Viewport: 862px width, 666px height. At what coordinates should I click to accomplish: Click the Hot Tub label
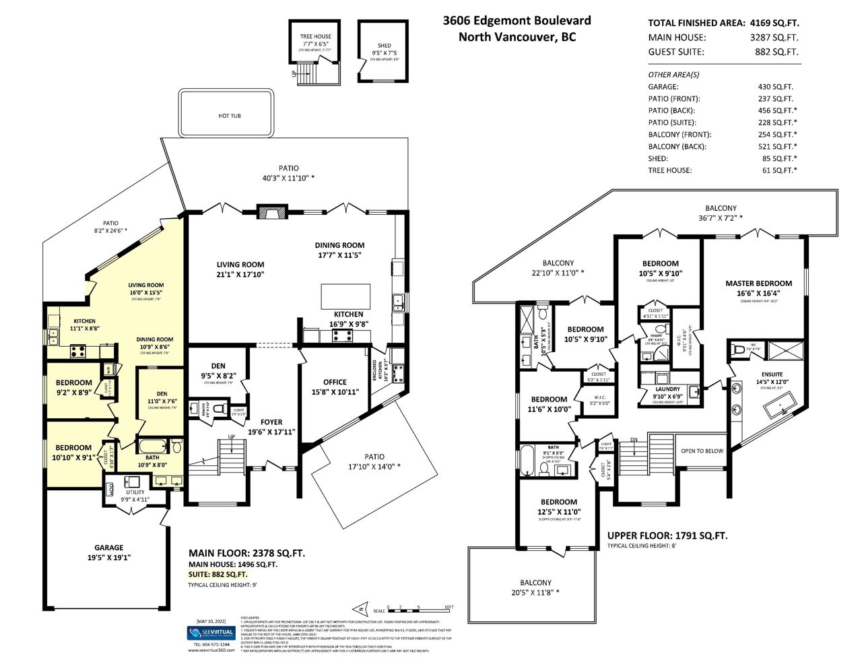pos(229,116)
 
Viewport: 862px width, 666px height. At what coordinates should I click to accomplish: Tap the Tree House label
pos(315,36)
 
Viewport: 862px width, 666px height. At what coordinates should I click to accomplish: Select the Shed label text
pos(384,46)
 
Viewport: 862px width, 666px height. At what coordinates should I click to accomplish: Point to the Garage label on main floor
pos(108,547)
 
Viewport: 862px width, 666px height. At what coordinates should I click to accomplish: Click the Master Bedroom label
pos(758,284)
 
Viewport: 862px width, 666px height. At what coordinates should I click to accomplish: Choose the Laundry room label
pos(667,389)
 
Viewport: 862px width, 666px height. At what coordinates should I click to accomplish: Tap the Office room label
pos(335,382)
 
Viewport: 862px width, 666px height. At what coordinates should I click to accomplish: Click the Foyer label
pos(271,422)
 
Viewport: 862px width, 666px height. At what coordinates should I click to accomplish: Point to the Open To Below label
pos(702,451)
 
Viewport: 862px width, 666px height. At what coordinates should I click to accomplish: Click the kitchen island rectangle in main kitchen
pos(345,296)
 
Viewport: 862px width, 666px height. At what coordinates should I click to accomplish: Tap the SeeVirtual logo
pos(210,632)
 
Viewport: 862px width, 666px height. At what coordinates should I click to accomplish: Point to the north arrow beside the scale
pos(360,607)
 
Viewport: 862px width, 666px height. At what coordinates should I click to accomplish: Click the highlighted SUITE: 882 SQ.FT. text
pos(218,574)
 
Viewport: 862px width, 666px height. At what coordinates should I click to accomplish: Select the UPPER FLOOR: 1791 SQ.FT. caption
pos(667,536)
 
